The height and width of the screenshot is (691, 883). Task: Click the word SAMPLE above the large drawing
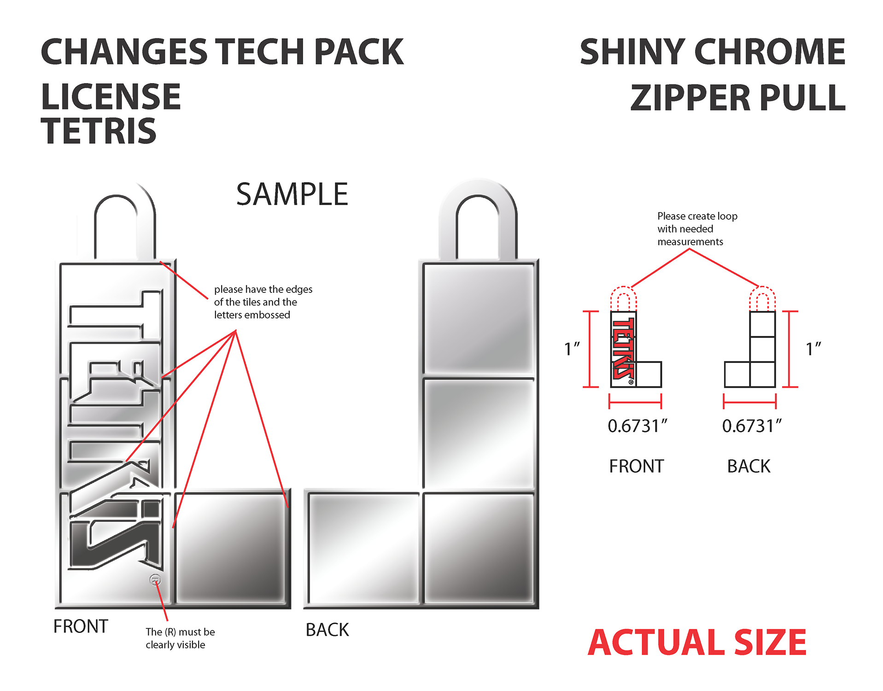(x=292, y=194)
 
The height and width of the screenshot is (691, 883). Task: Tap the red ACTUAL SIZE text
(x=696, y=643)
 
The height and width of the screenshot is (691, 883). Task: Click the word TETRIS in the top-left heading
(x=99, y=131)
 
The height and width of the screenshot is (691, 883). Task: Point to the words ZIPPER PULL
(x=737, y=98)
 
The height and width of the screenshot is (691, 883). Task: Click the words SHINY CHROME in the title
(x=712, y=52)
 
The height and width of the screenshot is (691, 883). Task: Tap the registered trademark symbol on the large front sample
(x=155, y=580)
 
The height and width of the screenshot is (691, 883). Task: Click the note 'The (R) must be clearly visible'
(x=180, y=638)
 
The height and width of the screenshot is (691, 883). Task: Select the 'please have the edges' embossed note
(x=263, y=302)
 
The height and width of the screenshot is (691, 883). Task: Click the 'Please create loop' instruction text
(x=697, y=229)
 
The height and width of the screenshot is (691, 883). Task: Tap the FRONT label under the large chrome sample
(x=81, y=627)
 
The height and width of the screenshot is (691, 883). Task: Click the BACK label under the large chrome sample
(x=327, y=630)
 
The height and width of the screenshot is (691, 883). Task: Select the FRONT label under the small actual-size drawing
(x=636, y=466)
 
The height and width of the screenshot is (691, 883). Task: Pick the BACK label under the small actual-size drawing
(x=749, y=466)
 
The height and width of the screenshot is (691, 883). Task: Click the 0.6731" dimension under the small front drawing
(x=637, y=426)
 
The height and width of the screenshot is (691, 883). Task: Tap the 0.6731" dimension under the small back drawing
(x=751, y=426)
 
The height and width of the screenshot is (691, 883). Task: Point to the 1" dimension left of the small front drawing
(x=572, y=349)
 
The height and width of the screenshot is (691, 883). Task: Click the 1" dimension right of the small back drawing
(x=813, y=349)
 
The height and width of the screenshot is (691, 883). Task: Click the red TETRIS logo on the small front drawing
(x=623, y=349)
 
